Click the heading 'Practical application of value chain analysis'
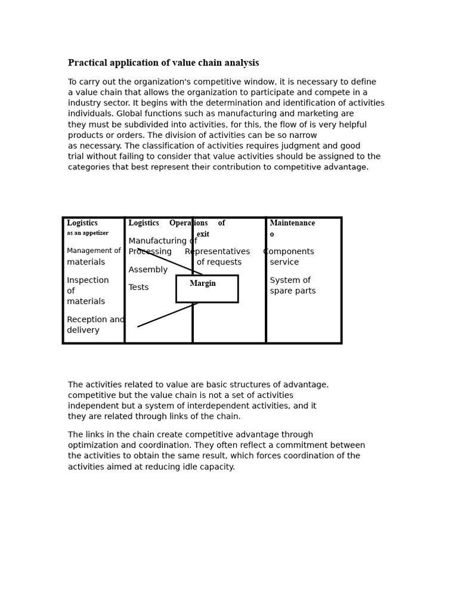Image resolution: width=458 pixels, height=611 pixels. (163, 63)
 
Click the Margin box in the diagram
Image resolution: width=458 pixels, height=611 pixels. (206, 289)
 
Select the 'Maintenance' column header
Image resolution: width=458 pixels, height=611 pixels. (292, 223)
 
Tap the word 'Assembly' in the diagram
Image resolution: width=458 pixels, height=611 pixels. (148, 270)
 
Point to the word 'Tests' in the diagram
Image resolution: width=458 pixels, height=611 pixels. (138, 288)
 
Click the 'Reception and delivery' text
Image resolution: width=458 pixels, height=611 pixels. (95, 325)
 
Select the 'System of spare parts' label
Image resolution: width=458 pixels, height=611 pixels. (292, 286)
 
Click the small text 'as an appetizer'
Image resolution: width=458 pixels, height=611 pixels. (88, 233)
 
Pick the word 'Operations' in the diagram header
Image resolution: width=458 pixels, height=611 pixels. (188, 223)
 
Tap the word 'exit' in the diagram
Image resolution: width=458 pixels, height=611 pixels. (203, 234)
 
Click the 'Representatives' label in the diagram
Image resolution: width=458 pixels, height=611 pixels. (218, 252)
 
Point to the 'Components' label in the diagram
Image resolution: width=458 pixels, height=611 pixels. (289, 252)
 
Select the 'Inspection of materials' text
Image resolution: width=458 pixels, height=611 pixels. (87, 291)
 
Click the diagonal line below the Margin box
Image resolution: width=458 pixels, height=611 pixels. (167, 315)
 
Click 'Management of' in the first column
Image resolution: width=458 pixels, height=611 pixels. (94, 251)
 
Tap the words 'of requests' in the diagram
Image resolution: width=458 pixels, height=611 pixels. (219, 263)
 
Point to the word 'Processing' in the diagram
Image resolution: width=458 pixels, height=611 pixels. (150, 252)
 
